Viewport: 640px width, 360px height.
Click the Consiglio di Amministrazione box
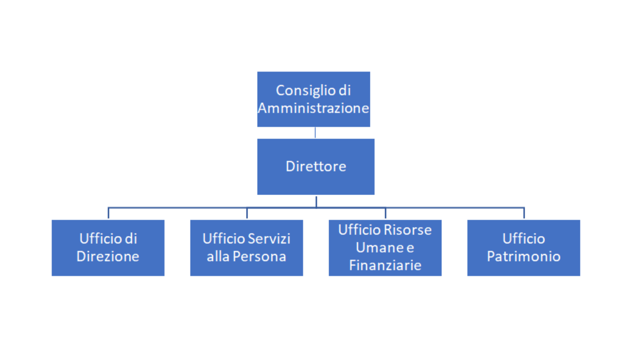coord(313,99)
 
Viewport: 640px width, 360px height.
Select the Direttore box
coord(315,167)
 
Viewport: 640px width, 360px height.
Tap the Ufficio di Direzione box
coord(108,247)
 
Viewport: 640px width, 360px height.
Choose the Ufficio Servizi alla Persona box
coord(246,247)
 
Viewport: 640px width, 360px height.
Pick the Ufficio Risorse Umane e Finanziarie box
coord(385,247)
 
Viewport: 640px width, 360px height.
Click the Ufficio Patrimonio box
coord(523,247)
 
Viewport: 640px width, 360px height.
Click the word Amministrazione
coord(313,108)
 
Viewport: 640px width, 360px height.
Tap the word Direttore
coord(315,166)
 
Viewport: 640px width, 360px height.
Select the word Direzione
coord(107,256)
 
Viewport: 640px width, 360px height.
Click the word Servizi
coord(268,238)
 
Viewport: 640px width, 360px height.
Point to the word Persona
coord(259,256)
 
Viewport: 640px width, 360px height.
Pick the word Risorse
coord(407,229)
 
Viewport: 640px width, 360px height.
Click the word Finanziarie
coord(385,265)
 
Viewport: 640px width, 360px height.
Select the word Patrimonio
coord(523,256)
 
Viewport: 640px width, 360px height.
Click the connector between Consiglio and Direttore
coord(315,133)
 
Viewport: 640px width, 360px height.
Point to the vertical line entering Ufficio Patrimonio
coord(524,213)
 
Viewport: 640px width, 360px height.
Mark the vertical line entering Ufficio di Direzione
coord(108,213)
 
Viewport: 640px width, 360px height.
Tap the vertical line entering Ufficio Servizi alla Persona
coord(247,213)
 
